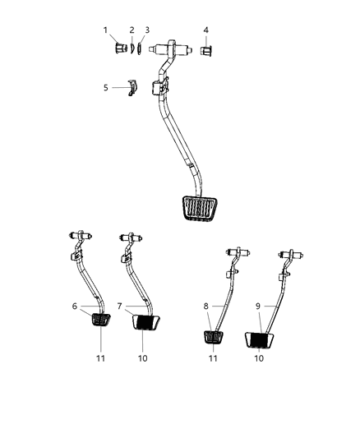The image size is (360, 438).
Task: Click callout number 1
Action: (x=106, y=30)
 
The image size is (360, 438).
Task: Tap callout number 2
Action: (x=132, y=30)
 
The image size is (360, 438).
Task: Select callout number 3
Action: (x=146, y=30)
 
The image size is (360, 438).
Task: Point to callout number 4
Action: (x=205, y=30)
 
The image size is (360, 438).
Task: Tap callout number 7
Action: (x=121, y=306)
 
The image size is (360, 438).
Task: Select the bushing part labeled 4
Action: (x=205, y=52)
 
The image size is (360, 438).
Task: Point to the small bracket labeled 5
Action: (x=133, y=88)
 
